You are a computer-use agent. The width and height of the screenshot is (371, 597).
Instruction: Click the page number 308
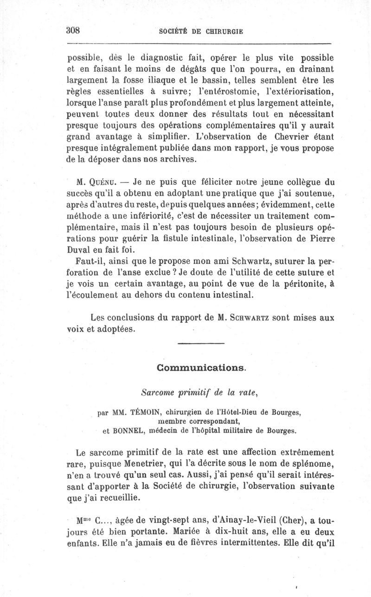(74, 30)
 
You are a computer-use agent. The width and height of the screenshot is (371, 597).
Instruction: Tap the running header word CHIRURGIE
(224, 31)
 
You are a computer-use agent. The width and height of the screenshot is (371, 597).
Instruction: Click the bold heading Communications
(200, 368)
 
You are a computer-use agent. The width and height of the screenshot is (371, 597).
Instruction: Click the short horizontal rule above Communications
(201, 343)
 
